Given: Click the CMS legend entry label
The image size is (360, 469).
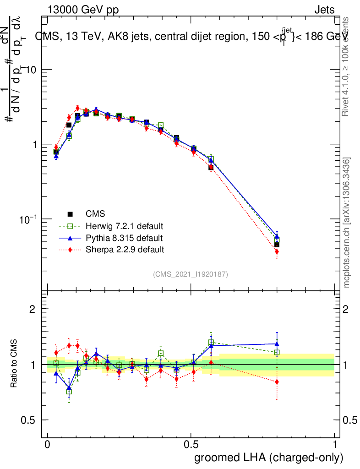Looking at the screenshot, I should pyautogui.click(x=95, y=214).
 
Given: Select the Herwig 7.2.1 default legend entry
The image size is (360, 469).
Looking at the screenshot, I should pyautogui.click(x=124, y=226).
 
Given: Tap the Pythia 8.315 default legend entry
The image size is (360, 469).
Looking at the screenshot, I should pyautogui.click(x=124, y=238).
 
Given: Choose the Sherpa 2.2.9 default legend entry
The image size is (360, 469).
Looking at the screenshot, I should pyautogui.click(x=125, y=250).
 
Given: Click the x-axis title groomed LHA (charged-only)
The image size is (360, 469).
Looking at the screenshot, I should pyautogui.click(x=269, y=457).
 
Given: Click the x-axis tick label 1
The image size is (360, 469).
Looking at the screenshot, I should pyautogui.click(x=335, y=445).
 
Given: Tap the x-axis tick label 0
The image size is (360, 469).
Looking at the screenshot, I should pyautogui.click(x=47, y=445).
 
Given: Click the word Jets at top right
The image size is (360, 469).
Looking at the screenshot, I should pyautogui.click(x=324, y=10).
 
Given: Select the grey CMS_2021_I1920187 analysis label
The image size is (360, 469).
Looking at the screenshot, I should pyautogui.click(x=191, y=274).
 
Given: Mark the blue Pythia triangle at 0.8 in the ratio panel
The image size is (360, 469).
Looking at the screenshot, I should pyautogui.click(x=277, y=344).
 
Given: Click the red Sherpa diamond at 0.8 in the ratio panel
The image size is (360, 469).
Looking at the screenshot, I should pyautogui.click(x=277, y=382).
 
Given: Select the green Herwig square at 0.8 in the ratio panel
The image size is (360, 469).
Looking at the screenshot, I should pyautogui.click(x=277, y=353).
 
